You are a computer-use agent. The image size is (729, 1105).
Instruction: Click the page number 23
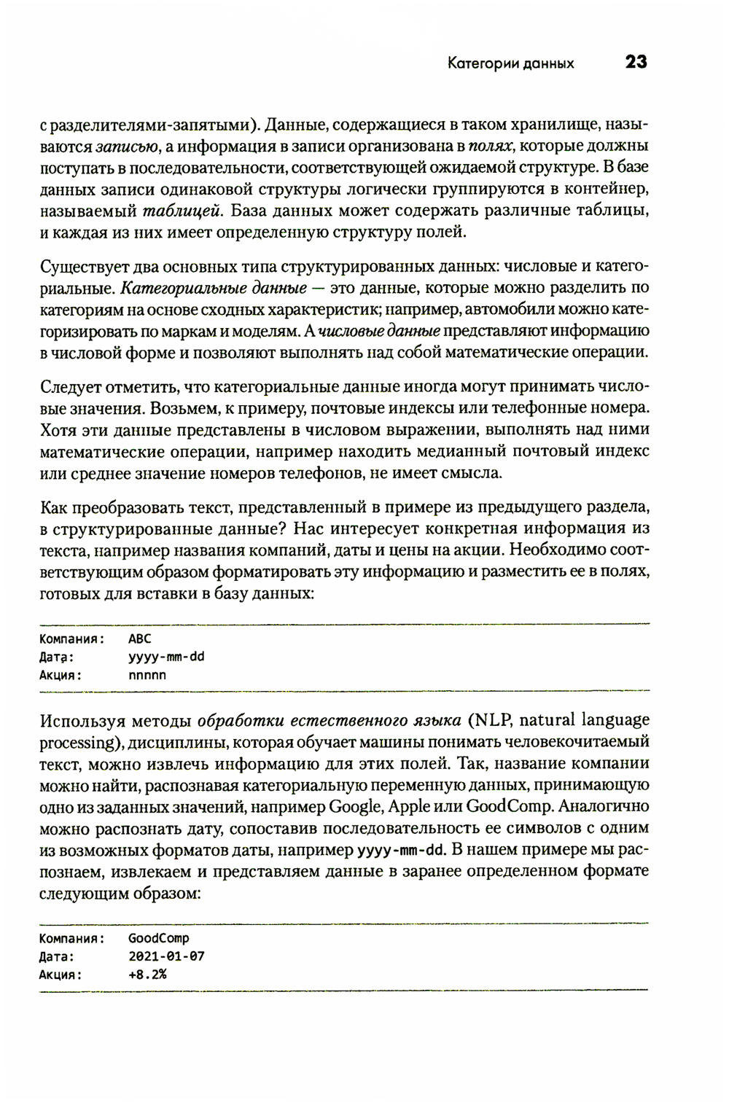coord(636,63)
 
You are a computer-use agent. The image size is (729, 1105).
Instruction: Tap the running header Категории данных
coord(510,63)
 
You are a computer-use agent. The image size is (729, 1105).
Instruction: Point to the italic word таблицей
coord(182,211)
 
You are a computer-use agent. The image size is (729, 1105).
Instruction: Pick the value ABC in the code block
coord(139,639)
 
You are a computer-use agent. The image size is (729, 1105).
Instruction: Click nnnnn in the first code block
coord(147,675)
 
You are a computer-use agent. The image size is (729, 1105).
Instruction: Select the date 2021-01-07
coord(166,956)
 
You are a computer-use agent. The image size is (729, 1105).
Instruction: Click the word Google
coord(355,807)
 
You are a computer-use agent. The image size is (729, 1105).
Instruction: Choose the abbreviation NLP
coord(494,720)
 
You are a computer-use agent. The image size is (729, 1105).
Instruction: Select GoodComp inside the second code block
coord(158,939)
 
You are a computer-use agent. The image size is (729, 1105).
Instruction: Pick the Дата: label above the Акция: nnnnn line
coord(56,657)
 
